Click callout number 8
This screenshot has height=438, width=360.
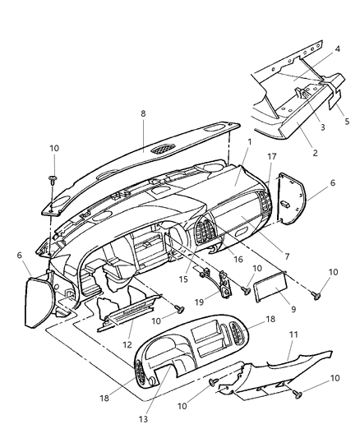[143, 113]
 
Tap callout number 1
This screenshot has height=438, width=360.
[250, 142]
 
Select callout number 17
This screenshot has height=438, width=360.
[272, 156]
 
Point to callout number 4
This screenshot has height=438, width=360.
[338, 48]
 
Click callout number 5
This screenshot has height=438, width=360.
[347, 122]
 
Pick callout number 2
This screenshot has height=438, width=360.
[315, 153]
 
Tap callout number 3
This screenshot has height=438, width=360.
[322, 127]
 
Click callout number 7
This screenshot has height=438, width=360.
[287, 256]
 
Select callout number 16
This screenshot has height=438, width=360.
[238, 259]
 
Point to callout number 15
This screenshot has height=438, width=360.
[183, 279]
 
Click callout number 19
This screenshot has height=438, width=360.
[199, 302]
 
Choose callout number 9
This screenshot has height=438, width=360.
[293, 309]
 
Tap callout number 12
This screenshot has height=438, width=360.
[127, 344]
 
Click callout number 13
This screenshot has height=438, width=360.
[143, 419]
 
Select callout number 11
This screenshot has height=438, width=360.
[293, 334]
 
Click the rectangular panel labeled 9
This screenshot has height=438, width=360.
[270, 287]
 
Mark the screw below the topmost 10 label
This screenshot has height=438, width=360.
[53, 180]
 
